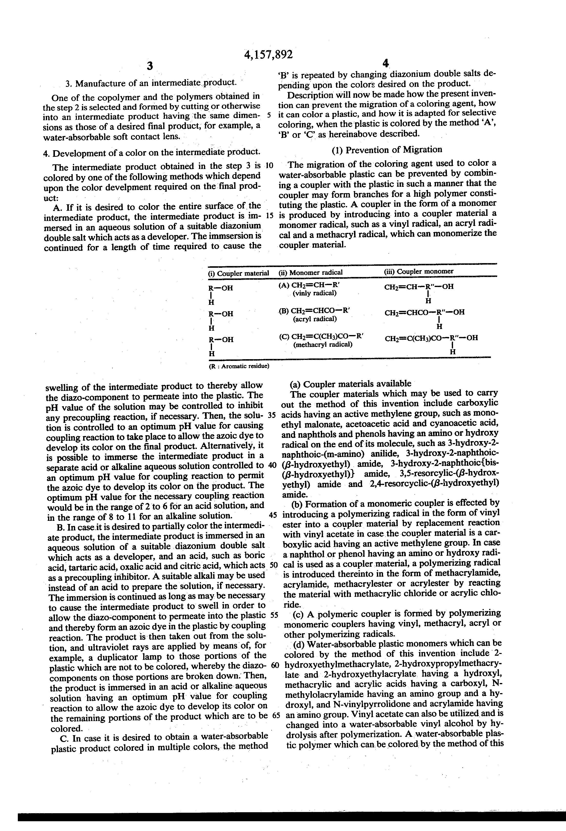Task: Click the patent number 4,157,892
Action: tap(268, 54)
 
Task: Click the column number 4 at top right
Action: tap(385, 64)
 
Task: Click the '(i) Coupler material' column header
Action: tap(238, 273)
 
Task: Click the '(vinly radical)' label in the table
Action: tap(314, 293)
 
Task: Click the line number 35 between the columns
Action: tap(272, 415)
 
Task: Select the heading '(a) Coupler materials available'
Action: tap(350, 384)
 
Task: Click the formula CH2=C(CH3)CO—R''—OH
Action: tap(431, 338)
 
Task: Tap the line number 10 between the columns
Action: tap(269, 166)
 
